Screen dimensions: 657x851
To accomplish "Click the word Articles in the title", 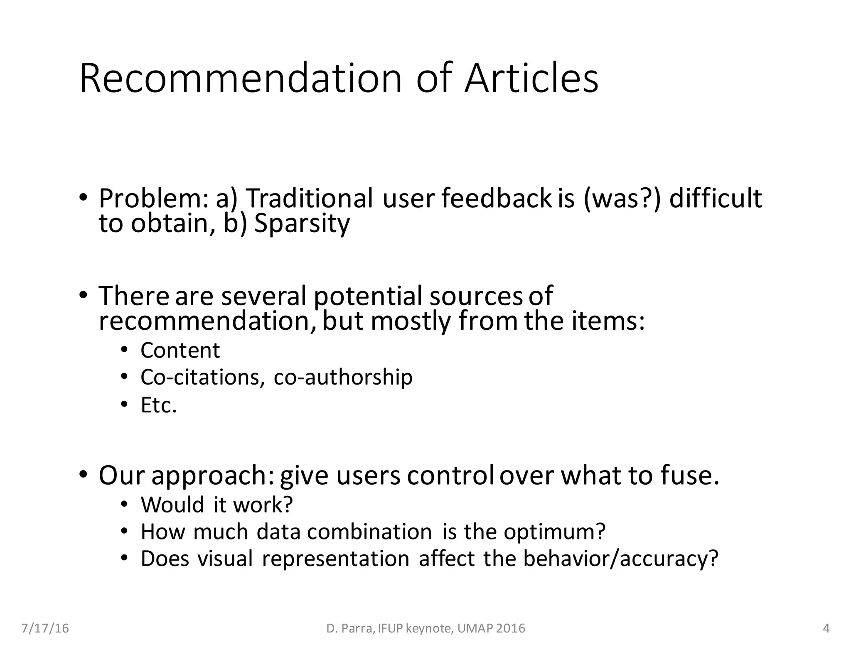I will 531,78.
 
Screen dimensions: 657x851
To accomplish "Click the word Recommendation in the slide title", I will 241,78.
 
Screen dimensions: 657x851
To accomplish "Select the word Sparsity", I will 302,223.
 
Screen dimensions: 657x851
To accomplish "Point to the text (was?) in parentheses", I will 622,199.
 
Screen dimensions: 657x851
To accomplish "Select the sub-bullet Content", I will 180,350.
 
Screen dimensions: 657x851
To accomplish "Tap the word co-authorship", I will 343,378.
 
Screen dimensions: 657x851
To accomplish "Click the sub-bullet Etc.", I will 159,405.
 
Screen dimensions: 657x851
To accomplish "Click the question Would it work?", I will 216,505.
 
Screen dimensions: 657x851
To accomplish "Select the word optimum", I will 554,532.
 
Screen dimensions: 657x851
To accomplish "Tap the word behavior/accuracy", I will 620,559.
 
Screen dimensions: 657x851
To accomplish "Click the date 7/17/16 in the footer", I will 45,628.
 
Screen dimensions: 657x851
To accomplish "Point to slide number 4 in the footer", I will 826,628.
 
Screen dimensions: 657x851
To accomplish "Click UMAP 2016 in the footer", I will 491,628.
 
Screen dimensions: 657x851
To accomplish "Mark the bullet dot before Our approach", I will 83,474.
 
